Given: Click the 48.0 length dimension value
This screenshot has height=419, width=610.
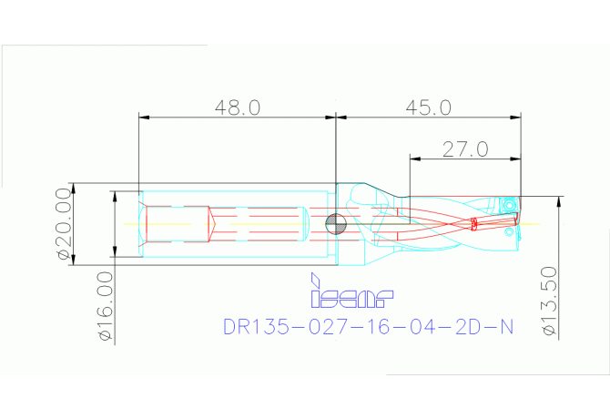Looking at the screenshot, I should point(238,107).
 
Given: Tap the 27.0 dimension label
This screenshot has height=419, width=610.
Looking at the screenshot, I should point(465,148).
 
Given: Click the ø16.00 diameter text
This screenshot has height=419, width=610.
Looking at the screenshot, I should point(106,306).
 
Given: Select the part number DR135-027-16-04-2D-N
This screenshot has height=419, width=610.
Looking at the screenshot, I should point(368,326).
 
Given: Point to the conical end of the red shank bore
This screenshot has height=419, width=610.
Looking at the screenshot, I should point(210,224).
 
